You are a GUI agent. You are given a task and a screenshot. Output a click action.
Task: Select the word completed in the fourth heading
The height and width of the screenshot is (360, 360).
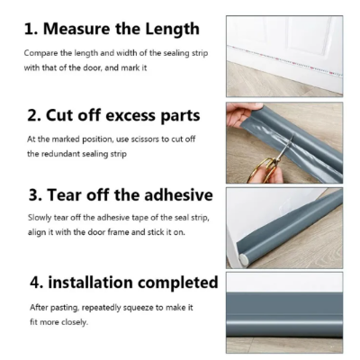[x=171, y=283]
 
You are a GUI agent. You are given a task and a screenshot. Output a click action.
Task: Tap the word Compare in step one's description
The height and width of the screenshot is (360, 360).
[x=41, y=52]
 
